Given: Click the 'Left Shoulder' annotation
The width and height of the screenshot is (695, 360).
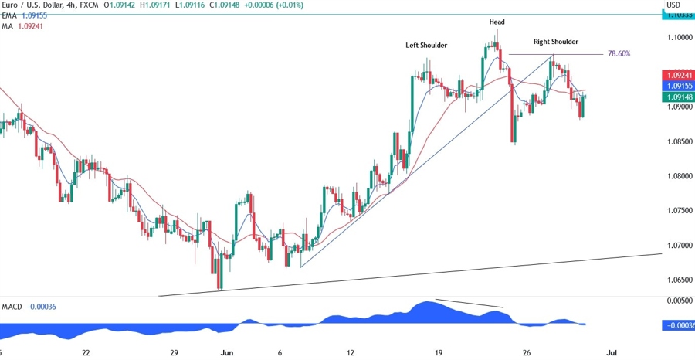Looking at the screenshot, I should pyautogui.click(x=426, y=46).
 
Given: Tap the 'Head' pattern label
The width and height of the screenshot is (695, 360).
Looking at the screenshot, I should pyautogui.click(x=497, y=22).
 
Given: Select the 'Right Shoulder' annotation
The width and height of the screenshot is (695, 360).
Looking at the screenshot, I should pyautogui.click(x=555, y=42).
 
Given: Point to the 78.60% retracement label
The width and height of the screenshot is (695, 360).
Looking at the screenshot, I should pyautogui.click(x=619, y=54).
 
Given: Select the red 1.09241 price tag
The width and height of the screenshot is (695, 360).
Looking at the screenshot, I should pyautogui.click(x=678, y=75).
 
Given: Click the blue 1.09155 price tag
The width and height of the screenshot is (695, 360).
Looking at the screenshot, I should pyautogui.click(x=678, y=87).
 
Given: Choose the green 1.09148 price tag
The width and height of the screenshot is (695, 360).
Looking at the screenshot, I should pyautogui.click(x=678, y=97).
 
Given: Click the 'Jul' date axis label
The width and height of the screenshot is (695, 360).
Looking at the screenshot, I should pyautogui.click(x=611, y=352).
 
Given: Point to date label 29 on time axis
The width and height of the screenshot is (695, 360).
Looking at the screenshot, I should pyautogui.click(x=175, y=352).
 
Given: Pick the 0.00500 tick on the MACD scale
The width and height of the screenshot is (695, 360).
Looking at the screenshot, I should pyautogui.click(x=678, y=300).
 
